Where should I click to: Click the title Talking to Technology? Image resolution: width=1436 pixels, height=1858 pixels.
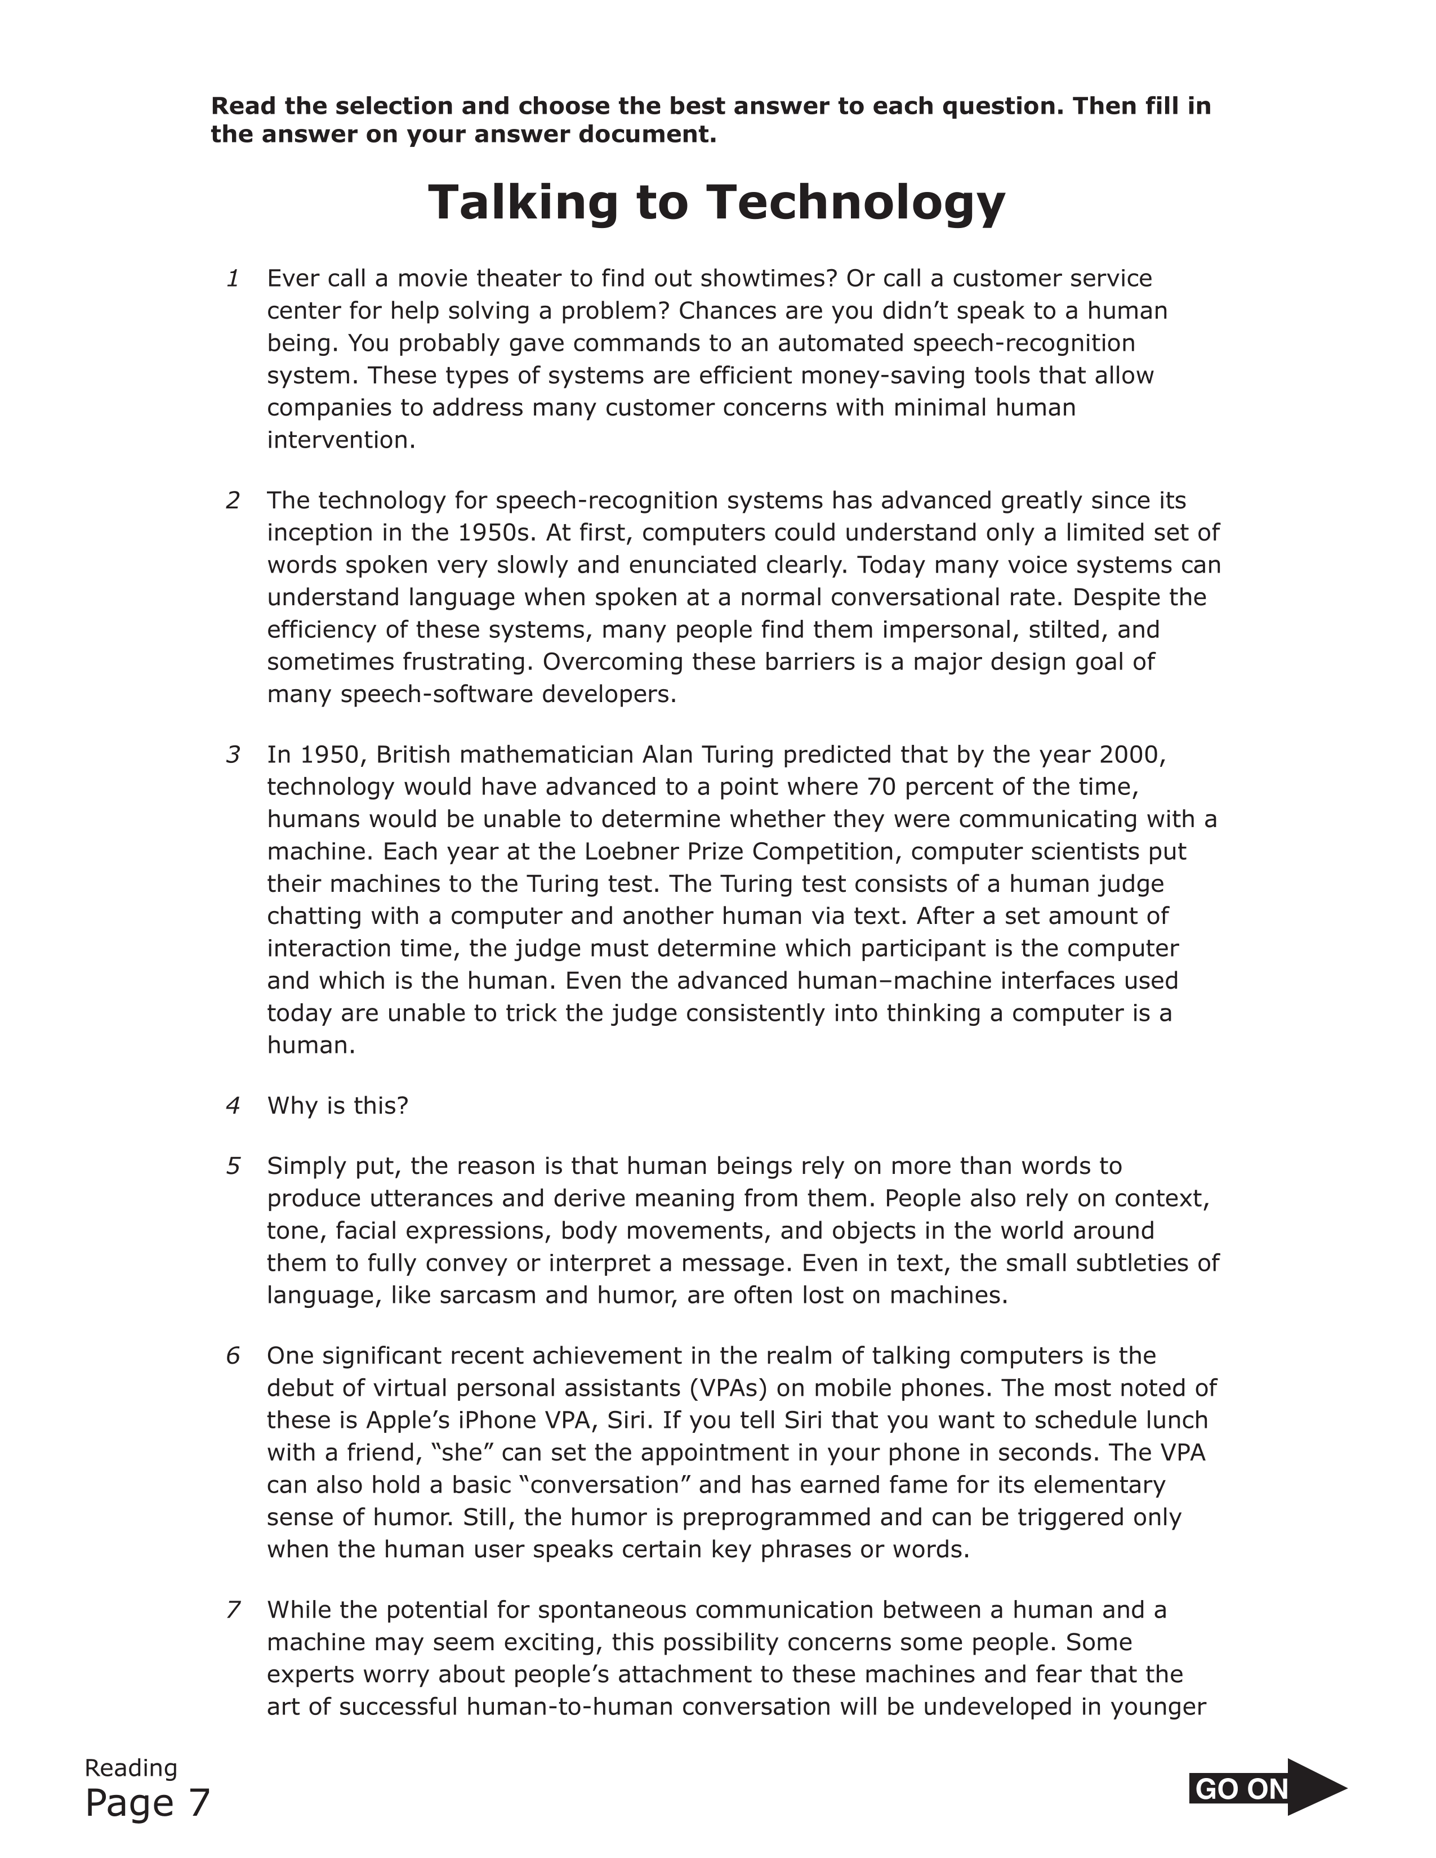tap(716, 203)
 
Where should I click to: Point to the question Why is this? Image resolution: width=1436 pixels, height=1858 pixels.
tap(338, 1105)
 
